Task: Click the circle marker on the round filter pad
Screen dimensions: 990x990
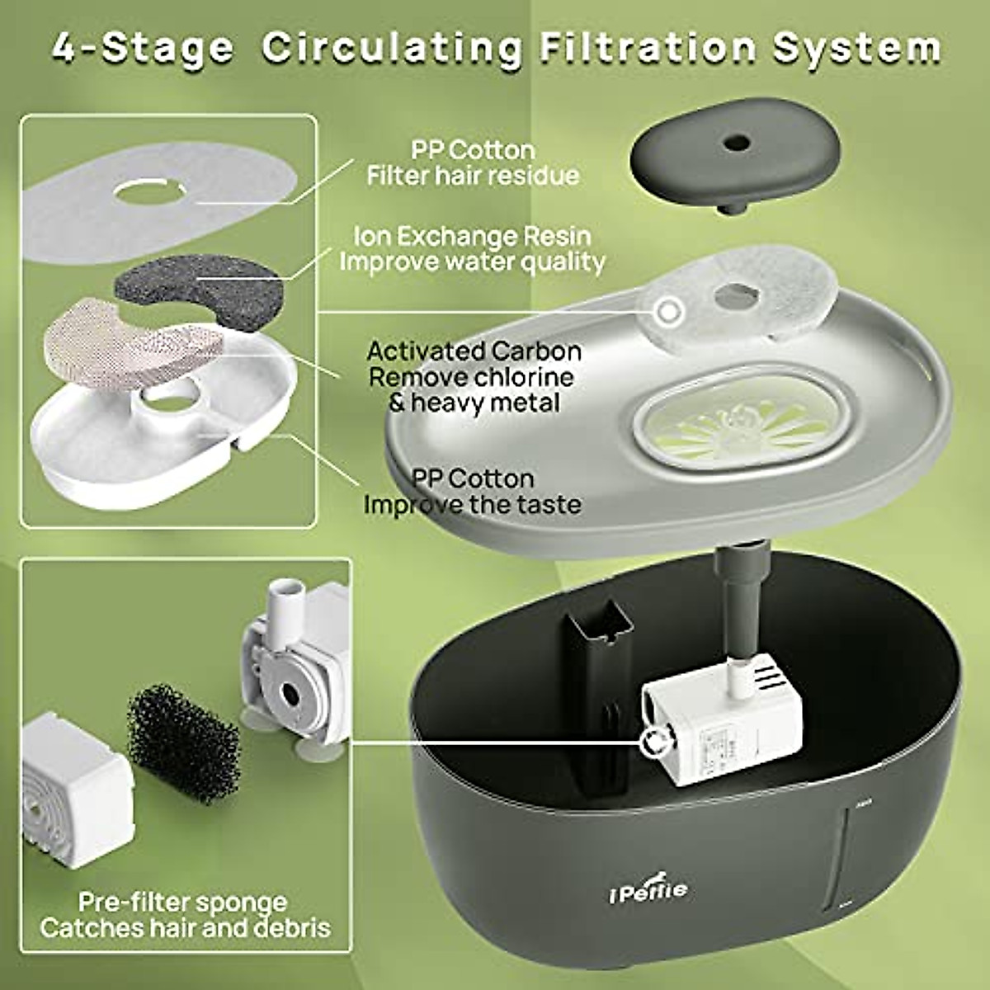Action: pyautogui.click(x=667, y=312)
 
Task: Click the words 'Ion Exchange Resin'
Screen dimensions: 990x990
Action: pyautogui.click(x=473, y=236)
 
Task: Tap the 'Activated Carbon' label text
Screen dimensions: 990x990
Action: pyautogui.click(x=474, y=351)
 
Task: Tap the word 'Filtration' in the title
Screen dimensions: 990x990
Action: pyautogui.click(x=648, y=47)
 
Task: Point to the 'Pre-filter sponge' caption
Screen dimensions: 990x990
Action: pyautogui.click(x=183, y=901)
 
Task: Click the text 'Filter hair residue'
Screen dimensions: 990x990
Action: pyautogui.click(x=473, y=176)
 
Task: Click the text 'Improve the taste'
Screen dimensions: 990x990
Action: pyautogui.click(x=473, y=504)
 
